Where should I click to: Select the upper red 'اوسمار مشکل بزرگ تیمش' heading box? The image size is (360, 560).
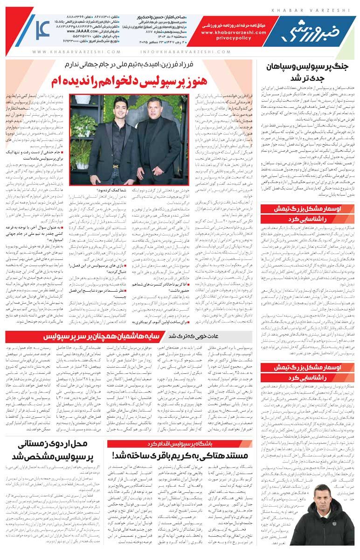pyautogui.click(x=307, y=213)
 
